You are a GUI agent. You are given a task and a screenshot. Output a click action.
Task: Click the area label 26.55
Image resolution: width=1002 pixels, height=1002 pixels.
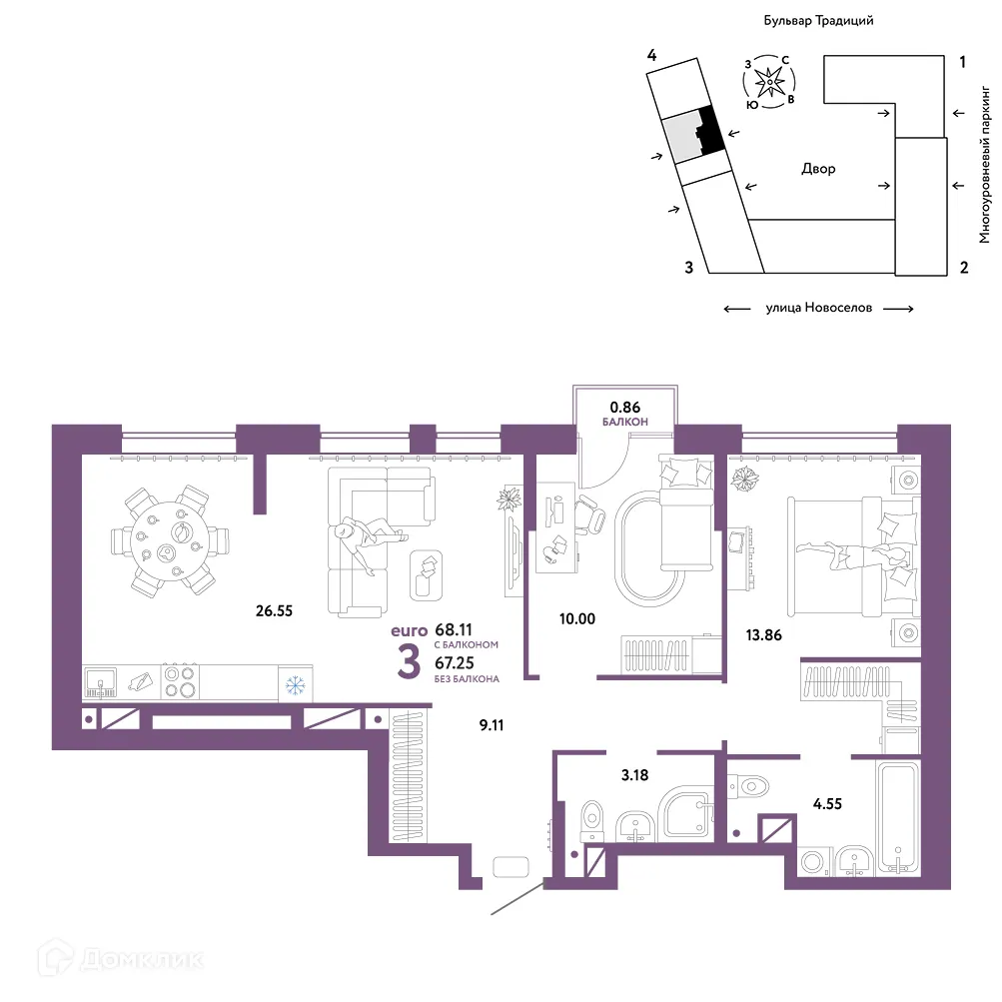[x=274, y=611]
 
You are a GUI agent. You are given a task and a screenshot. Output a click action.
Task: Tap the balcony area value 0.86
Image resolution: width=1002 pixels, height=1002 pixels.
[x=625, y=407]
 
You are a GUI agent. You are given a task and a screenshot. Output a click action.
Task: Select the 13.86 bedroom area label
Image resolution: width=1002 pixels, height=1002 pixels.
[x=763, y=635]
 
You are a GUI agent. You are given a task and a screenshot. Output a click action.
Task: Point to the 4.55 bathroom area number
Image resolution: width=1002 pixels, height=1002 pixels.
[x=827, y=804]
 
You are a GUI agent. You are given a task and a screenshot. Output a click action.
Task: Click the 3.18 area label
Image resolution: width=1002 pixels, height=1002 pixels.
[x=634, y=775]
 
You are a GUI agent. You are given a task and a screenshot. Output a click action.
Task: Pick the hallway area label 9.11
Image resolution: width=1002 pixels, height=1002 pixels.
[x=492, y=725]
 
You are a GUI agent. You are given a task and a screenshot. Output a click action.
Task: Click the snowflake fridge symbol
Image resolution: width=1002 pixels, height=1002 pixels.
[x=295, y=685]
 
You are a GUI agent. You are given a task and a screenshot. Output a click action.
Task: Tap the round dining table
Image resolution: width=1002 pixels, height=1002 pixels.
[x=169, y=541]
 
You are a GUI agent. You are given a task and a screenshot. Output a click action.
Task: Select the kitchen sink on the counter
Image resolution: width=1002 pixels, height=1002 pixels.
[x=100, y=682]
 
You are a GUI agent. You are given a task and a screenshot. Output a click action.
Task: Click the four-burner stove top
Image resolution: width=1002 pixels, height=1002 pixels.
[x=180, y=682]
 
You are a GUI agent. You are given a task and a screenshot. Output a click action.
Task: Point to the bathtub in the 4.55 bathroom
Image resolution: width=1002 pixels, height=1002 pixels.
[x=898, y=817]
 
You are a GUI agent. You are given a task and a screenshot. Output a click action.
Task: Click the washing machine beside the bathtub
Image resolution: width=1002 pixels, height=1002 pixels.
[x=813, y=862]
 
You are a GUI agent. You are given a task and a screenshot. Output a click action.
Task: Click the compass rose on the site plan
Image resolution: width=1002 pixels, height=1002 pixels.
[x=769, y=82]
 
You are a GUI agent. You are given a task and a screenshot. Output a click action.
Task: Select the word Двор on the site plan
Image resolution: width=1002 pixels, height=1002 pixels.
[x=818, y=170]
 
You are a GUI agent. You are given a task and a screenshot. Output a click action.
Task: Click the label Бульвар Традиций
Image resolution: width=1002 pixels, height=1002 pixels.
[x=818, y=20]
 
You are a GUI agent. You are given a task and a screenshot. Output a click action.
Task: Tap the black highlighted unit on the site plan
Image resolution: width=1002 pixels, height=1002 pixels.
[x=709, y=130]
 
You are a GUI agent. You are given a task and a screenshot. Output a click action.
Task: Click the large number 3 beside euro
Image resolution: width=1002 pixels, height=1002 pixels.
[x=409, y=661]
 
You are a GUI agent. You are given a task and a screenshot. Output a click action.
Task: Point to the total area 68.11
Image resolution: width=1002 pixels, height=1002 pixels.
[x=454, y=630]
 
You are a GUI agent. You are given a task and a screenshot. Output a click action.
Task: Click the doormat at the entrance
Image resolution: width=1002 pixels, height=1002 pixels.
[x=511, y=866]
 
